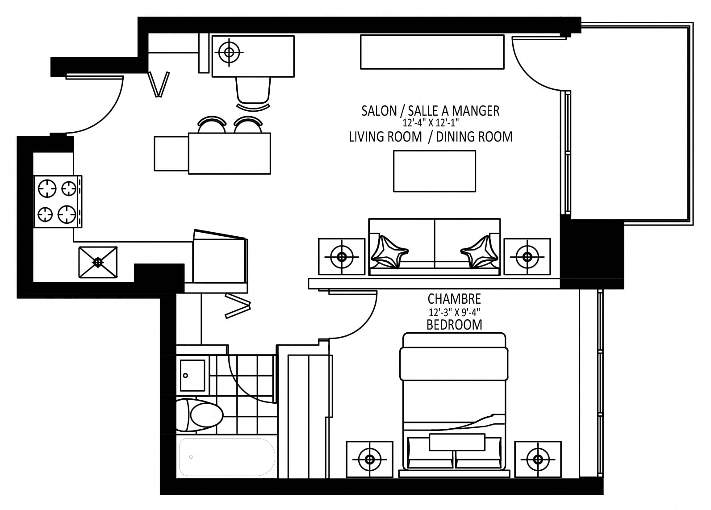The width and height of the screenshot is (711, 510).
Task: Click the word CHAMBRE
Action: (454, 299)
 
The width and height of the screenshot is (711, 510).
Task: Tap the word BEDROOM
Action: (454, 325)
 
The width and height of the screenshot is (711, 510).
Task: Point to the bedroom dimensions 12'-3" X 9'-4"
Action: (454, 312)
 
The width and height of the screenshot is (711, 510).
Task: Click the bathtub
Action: (226, 457)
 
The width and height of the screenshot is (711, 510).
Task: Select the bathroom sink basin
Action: (192, 376)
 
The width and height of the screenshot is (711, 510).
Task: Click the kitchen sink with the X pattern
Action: (98, 262)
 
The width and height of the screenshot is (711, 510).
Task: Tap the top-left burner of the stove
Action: (47, 188)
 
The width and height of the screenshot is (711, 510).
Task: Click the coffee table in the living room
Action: (435, 171)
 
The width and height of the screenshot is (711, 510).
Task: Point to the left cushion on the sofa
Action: (389, 252)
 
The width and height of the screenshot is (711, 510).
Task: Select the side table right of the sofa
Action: (527, 256)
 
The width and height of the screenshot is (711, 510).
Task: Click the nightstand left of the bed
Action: (370, 459)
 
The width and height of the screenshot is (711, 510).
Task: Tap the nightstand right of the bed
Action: (538, 459)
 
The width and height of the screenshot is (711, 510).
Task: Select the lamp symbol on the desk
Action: (229, 52)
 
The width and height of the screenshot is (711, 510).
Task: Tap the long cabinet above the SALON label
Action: (432, 52)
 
